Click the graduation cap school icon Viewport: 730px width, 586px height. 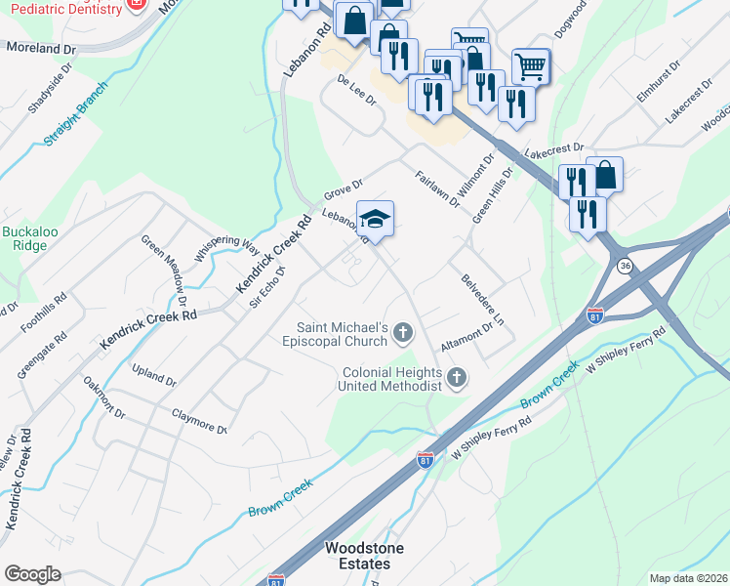click(375, 218)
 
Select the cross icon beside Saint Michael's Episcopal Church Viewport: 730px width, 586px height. click(402, 335)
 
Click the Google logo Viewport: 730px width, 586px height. click(33, 573)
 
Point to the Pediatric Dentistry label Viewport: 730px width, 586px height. click(61, 7)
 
